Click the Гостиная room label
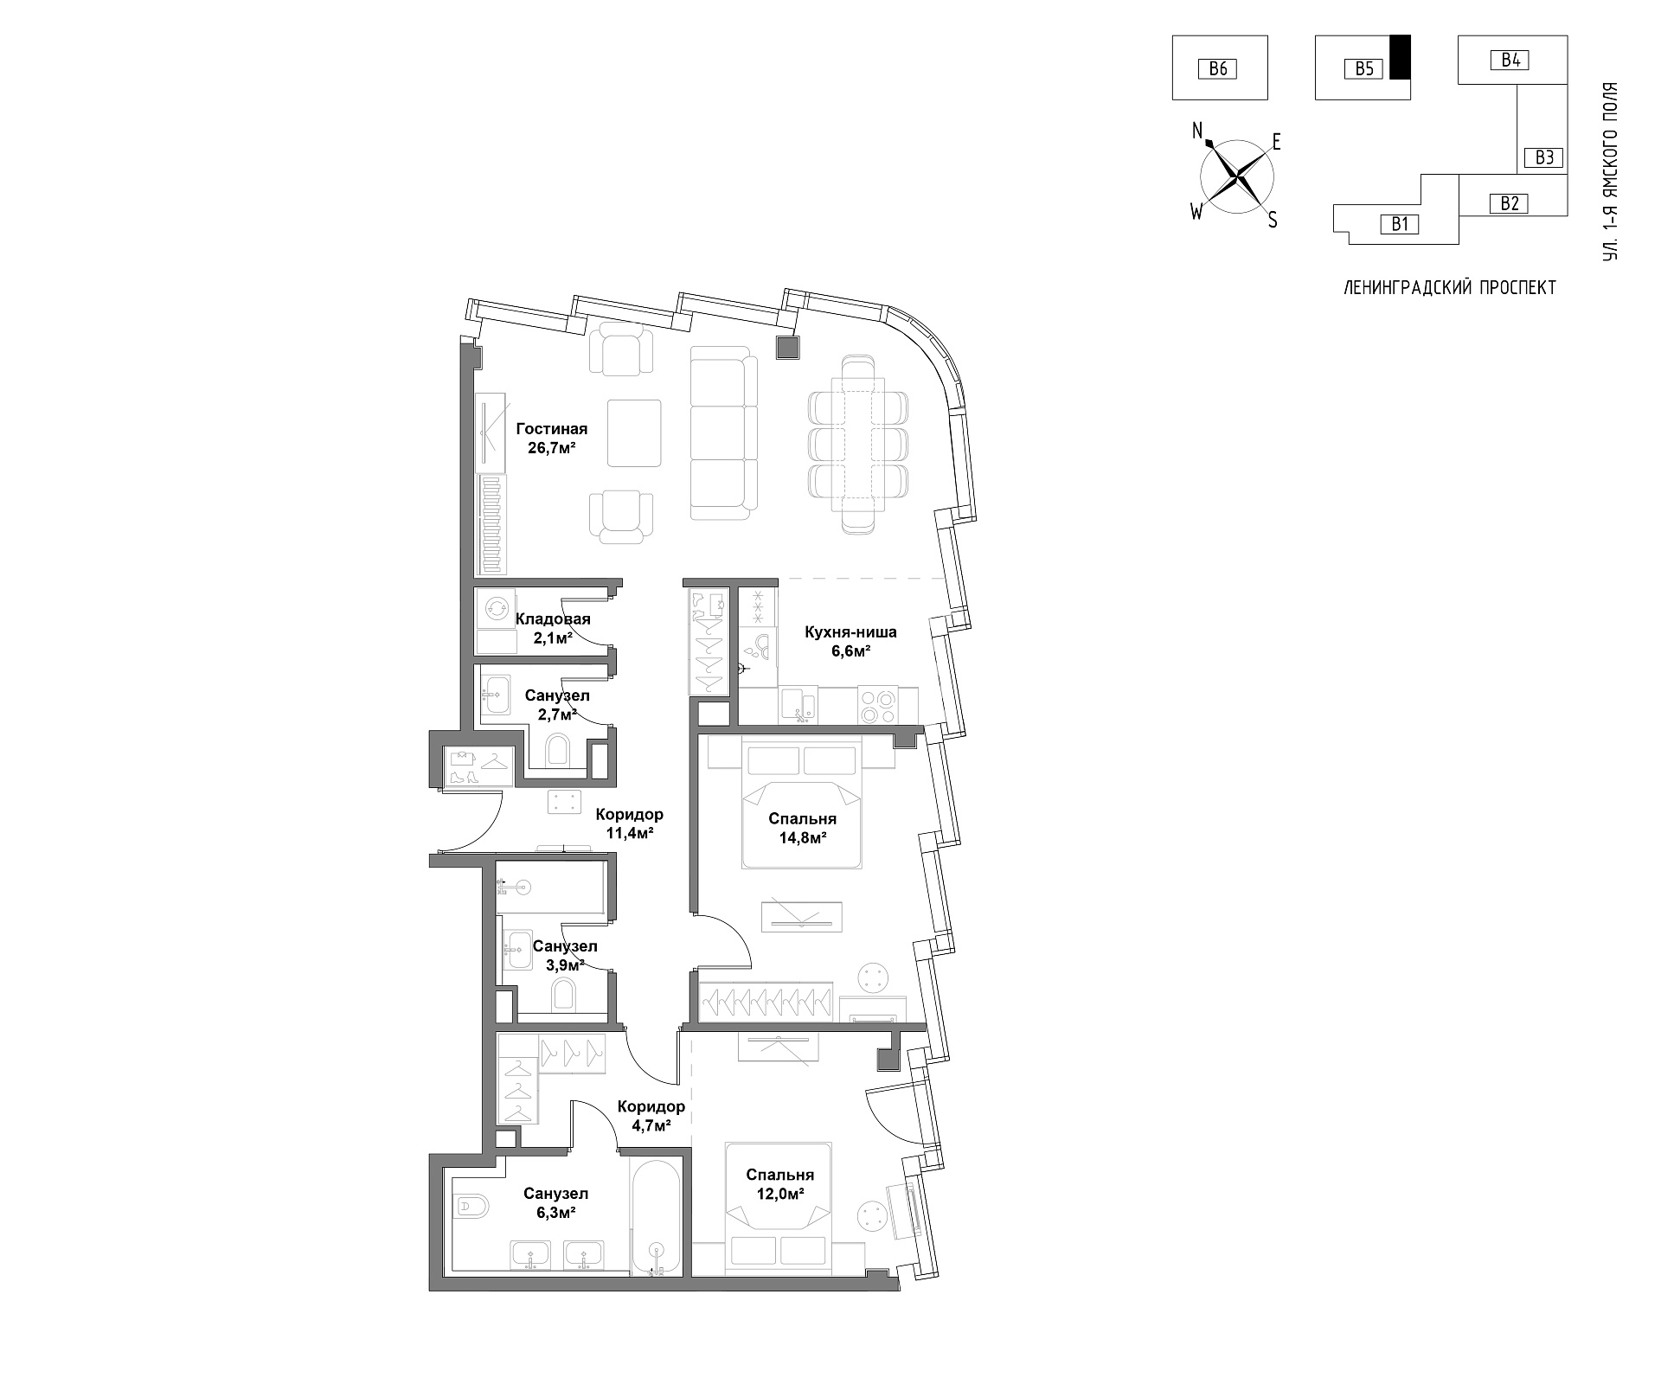pyautogui.click(x=552, y=429)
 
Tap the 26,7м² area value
pyautogui.click(x=552, y=448)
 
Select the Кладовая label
pyautogui.click(x=553, y=619)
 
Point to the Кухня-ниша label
pyautogui.click(x=850, y=632)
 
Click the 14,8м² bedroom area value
pyautogui.click(x=802, y=837)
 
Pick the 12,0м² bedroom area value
pyautogui.click(x=780, y=1194)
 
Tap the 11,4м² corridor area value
pyautogui.click(x=629, y=833)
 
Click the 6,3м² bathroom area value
pyautogui.click(x=555, y=1213)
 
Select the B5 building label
pyautogui.click(x=1363, y=68)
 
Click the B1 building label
pyautogui.click(x=1400, y=224)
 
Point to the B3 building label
pyautogui.click(x=1544, y=157)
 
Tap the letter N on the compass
pyautogui.click(x=1198, y=131)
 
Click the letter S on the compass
pyautogui.click(x=1273, y=221)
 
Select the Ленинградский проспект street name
pyautogui.click(x=1449, y=288)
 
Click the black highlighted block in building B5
pyautogui.click(x=1400, y=57)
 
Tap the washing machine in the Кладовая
pyautogui.click(x=497, y=608)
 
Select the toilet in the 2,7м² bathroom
pyautogui.click(x=558, y=749)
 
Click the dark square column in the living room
pyautogui.click(x=788, y=348)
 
